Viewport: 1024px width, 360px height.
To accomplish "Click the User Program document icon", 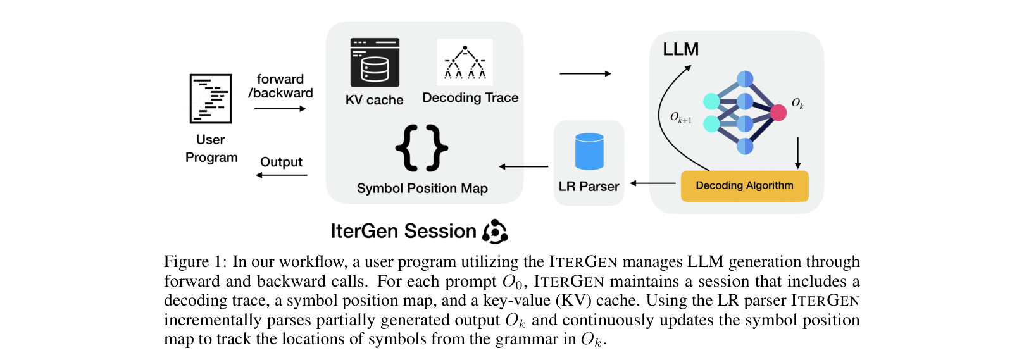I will point(211,99).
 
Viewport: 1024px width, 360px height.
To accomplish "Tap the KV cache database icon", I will point(375,63).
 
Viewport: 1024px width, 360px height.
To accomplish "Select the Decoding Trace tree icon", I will point(465,62).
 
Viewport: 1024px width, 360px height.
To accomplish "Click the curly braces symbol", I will point(421,148).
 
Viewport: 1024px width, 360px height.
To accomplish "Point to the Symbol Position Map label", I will point(422,189).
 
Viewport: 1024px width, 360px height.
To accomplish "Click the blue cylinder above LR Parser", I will point(589,151).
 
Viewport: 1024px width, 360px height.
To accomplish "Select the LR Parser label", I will point(589,187).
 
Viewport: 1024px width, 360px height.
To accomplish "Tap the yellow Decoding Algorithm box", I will point(744,186).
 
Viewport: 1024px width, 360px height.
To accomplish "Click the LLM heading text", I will point(681,49).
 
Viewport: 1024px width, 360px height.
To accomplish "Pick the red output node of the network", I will point(778,113).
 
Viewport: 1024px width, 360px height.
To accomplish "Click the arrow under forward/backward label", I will point(280,109).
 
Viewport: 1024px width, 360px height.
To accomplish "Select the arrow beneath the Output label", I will point(282,175).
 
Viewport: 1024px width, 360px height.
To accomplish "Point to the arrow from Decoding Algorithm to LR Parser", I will point(653,183).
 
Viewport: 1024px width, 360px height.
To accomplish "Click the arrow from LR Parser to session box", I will point(523,167).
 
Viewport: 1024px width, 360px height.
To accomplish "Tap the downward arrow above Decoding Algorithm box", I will point(797,152).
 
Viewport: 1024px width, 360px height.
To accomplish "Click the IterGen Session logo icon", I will point(495,232).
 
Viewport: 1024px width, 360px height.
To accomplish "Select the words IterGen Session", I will point(403,232).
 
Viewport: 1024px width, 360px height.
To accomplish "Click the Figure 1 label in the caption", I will point(195,262).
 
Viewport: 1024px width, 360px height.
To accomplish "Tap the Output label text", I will point(282,162).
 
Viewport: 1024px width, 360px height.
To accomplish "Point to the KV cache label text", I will point(375,100).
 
